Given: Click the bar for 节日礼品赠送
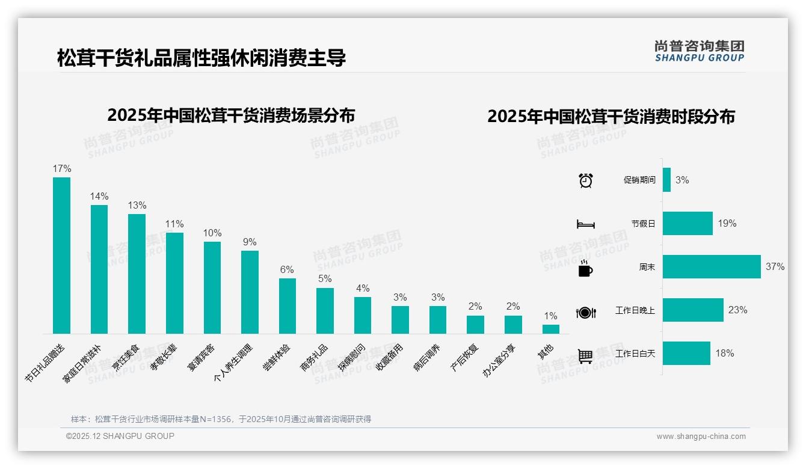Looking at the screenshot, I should pos(61,255).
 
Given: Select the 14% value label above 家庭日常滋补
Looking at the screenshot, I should pos(99,196).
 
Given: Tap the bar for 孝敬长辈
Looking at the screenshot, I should pos(174,283).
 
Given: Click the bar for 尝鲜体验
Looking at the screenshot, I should pos(288,305).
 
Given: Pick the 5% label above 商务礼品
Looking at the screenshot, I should pos(325,279).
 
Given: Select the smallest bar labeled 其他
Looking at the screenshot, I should pos(550,329).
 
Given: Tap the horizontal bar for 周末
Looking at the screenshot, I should pos(711,266).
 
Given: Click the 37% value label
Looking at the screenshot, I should pos(775,266).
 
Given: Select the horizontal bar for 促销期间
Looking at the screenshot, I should pos(666,180).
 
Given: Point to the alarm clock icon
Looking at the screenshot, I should pos(585,180).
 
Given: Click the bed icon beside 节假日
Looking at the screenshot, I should pos(585,224).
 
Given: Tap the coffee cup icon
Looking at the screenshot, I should pos(585,268).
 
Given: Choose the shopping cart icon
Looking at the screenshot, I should pos(585,356).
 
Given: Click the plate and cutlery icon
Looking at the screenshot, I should pos(585,312).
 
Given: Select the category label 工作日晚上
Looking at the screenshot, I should pos(635,310).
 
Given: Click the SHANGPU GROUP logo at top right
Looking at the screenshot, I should pos(699,51).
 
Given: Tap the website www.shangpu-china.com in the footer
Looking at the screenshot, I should pos(701,437).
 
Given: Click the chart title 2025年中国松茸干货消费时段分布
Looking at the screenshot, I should pos(611,117).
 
